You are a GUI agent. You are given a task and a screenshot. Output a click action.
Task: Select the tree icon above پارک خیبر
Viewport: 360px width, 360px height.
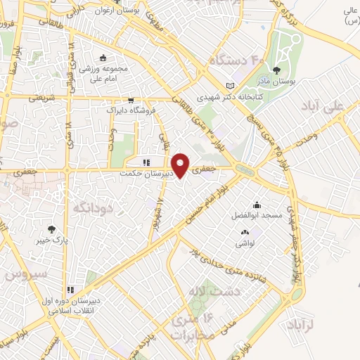coord(51,229)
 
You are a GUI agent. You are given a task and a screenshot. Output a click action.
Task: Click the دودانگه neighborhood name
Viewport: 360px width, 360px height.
coord(89,208)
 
